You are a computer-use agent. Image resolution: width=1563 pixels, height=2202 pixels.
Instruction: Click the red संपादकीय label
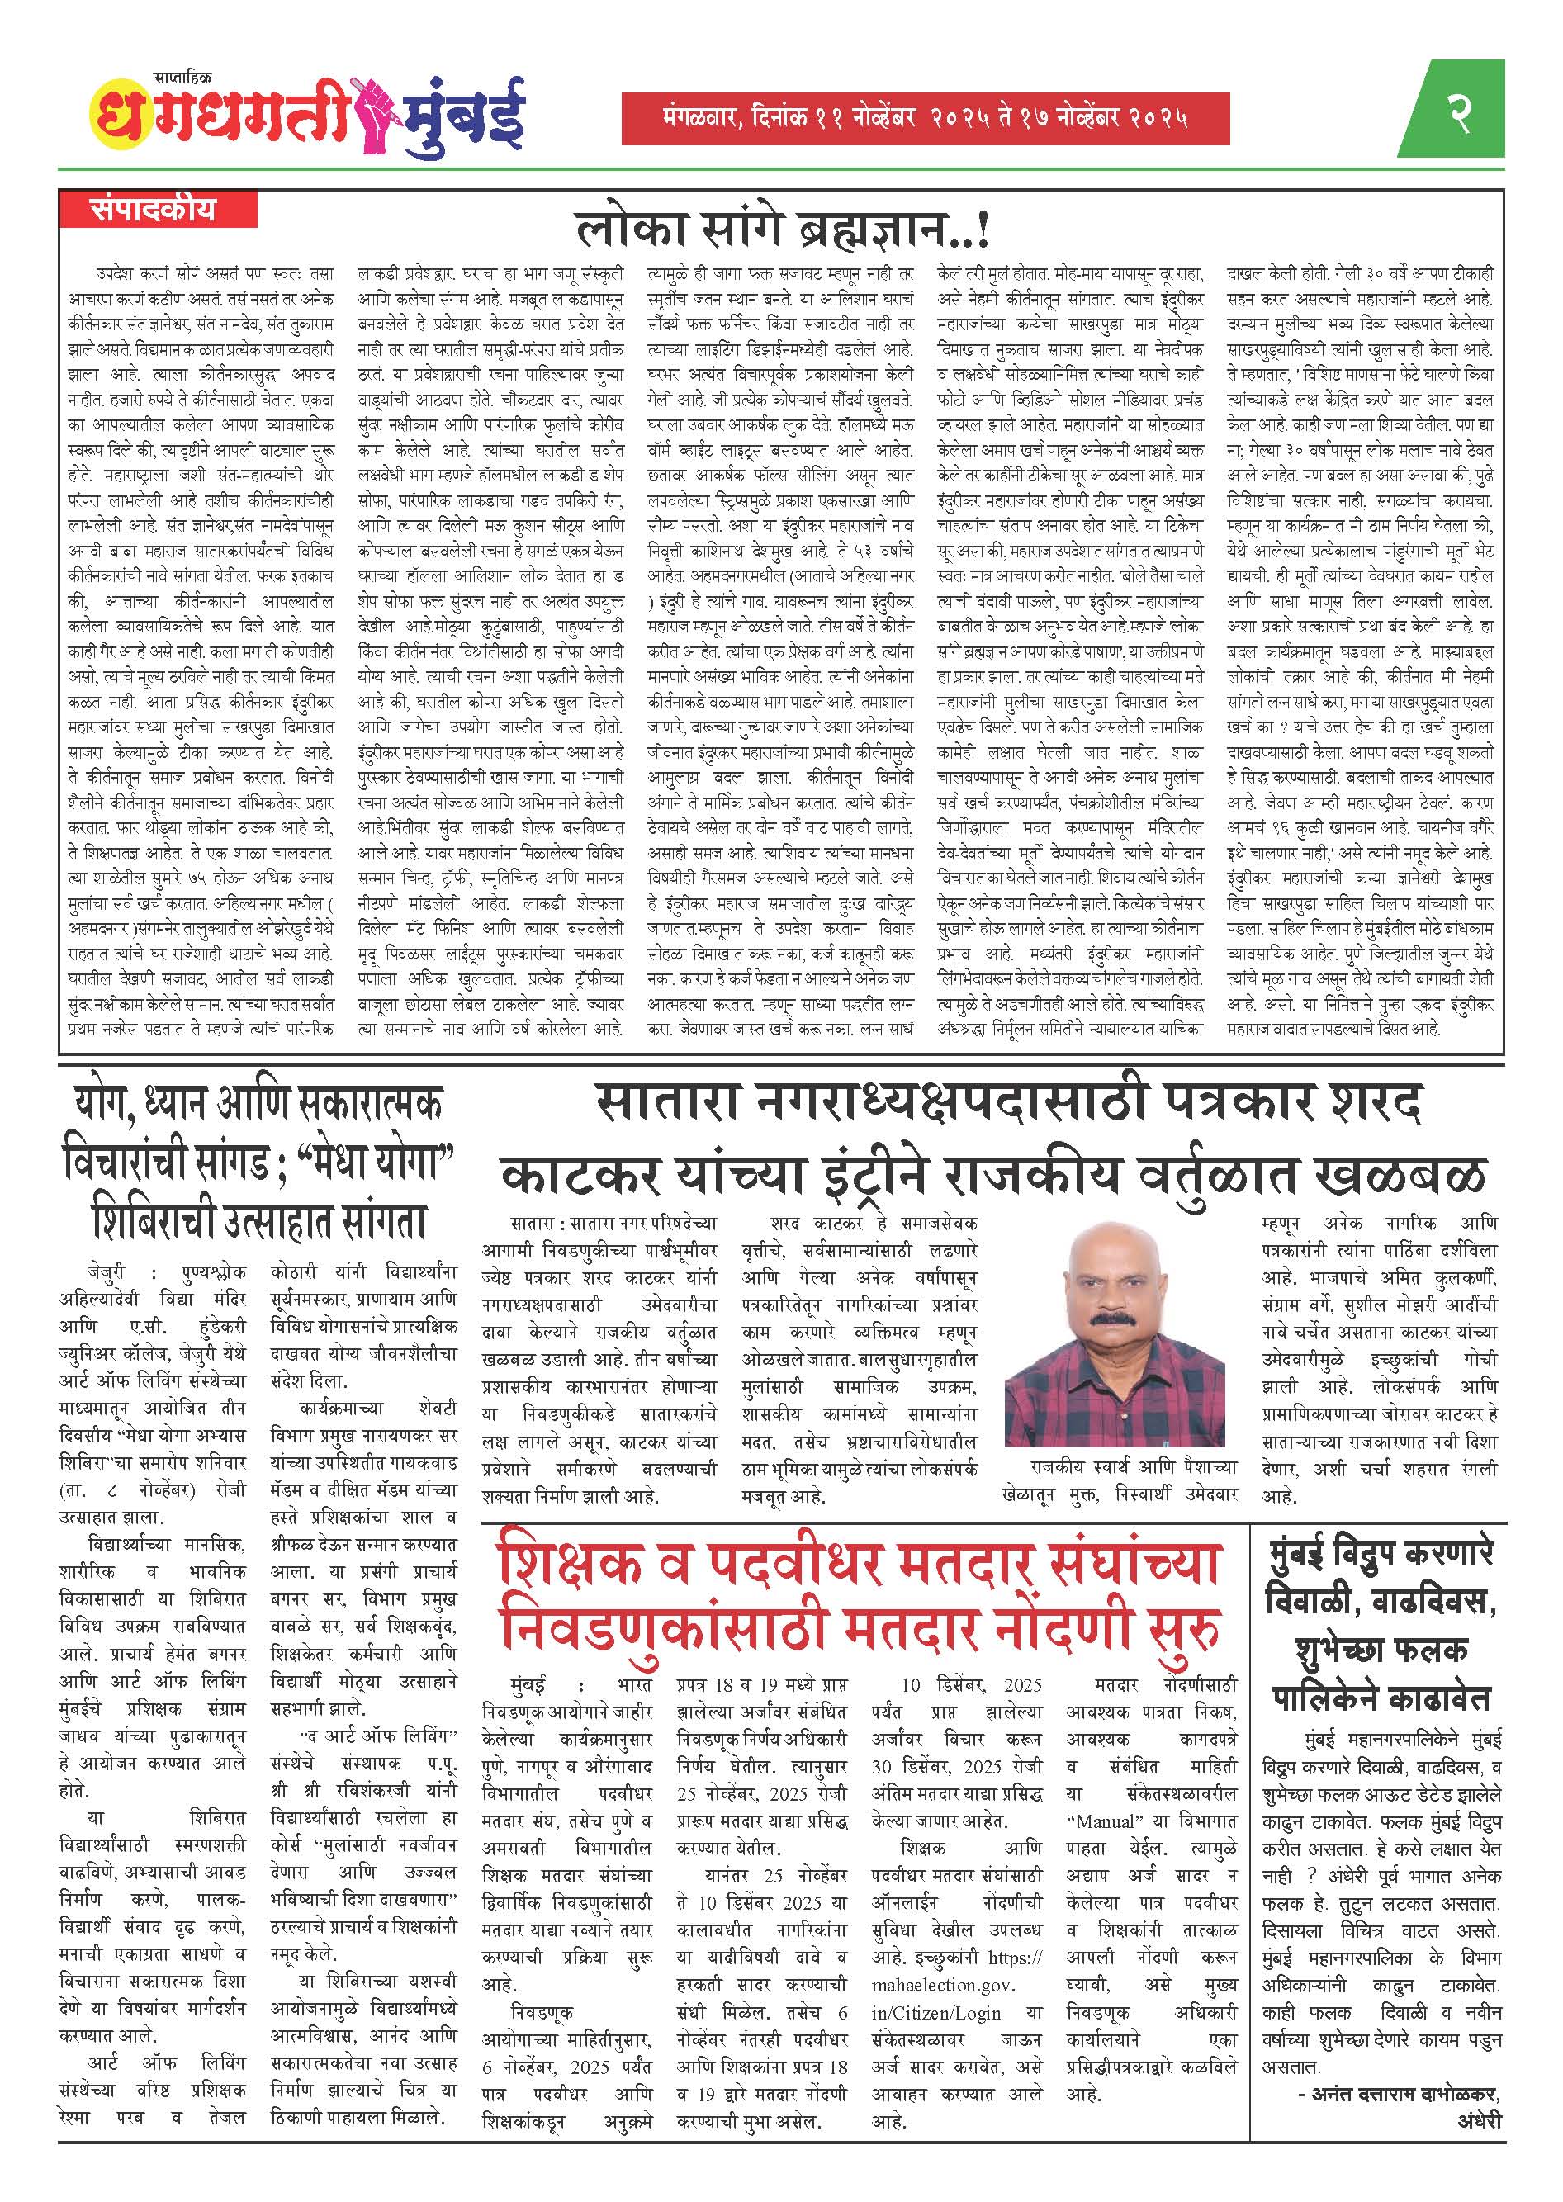tap(154, 210)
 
